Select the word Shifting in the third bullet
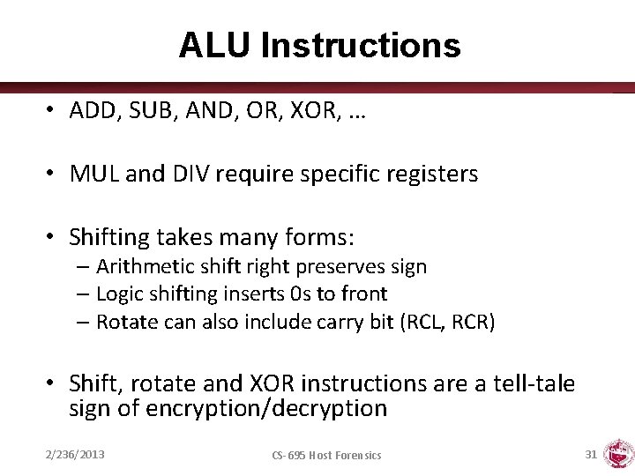point(108,238)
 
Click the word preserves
point(335,266)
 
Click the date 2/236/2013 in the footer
point(75,454)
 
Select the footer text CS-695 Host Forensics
point(326,455)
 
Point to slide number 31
point(590,454)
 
